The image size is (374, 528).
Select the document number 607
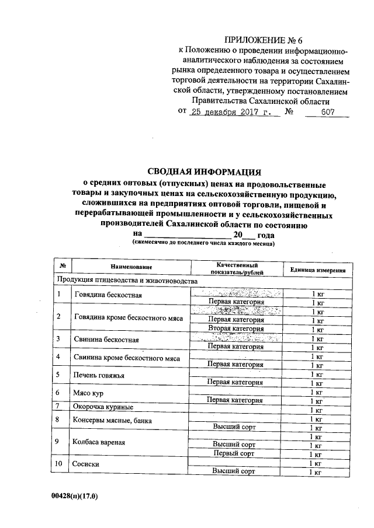[x=328, y=111]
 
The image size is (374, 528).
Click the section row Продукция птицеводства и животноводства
[x=126, y=281]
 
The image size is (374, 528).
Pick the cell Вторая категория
[x=236, y=329]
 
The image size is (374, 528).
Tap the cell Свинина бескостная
[x=106, y=339]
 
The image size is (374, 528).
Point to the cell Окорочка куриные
[x=103, y=407]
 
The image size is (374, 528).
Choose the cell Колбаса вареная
[x=99, y=442]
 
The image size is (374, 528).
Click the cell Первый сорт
[x=233, y=453]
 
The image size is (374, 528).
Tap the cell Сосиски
[x=86, y=464]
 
